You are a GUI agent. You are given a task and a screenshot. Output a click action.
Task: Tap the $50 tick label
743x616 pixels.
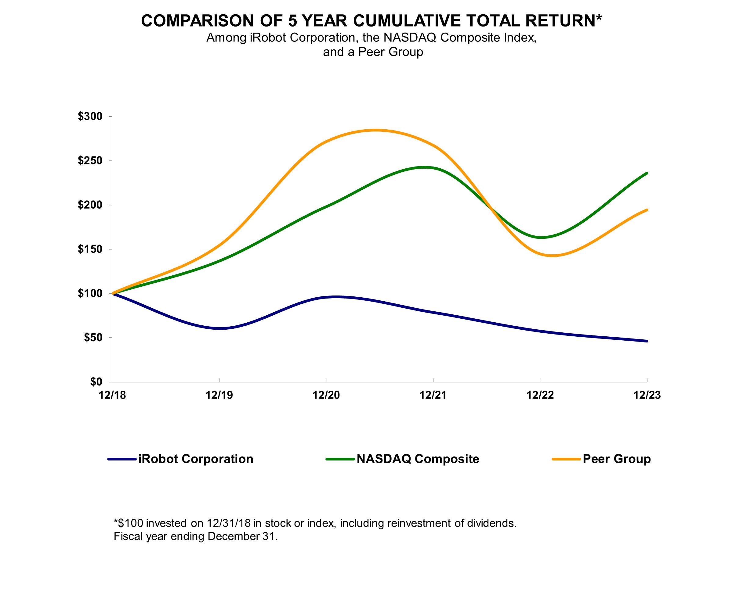point(93,338)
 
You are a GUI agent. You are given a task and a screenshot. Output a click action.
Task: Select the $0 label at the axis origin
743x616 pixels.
point(96,382)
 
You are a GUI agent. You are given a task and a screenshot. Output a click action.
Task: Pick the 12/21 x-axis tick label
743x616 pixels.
point(433,395)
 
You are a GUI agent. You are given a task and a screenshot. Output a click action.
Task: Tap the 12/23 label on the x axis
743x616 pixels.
point(647,395)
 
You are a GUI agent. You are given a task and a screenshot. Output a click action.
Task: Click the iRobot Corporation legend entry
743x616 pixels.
point(195,459)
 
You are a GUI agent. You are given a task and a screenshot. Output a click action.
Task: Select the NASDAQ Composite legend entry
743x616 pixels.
point(418,459)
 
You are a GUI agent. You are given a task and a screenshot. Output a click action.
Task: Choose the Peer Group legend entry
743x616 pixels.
point(616,459)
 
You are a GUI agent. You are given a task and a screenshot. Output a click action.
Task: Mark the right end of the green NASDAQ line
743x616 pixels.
point(647,173)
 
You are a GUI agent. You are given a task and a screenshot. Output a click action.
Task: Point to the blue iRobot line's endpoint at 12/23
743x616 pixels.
point(647,341)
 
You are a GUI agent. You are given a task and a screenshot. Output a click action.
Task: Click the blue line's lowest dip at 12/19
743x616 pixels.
point(220,328)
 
